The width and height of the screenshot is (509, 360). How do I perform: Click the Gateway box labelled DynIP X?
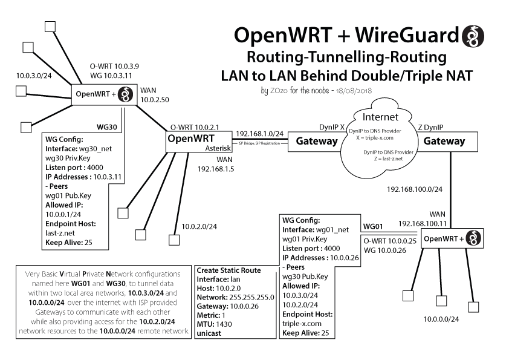[x=316, y=142]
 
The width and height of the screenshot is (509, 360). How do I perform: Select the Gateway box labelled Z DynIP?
[x=444, y=141]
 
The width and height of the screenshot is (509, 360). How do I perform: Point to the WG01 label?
[x=373, y=227]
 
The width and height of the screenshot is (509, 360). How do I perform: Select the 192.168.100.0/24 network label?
[x=415, y=189]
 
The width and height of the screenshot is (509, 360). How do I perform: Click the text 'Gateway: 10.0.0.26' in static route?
[x=228, y=306]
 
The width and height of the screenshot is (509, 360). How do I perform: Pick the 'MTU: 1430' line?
[x=215, y=324]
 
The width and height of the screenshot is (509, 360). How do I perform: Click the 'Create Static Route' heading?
[x=229, y=270]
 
